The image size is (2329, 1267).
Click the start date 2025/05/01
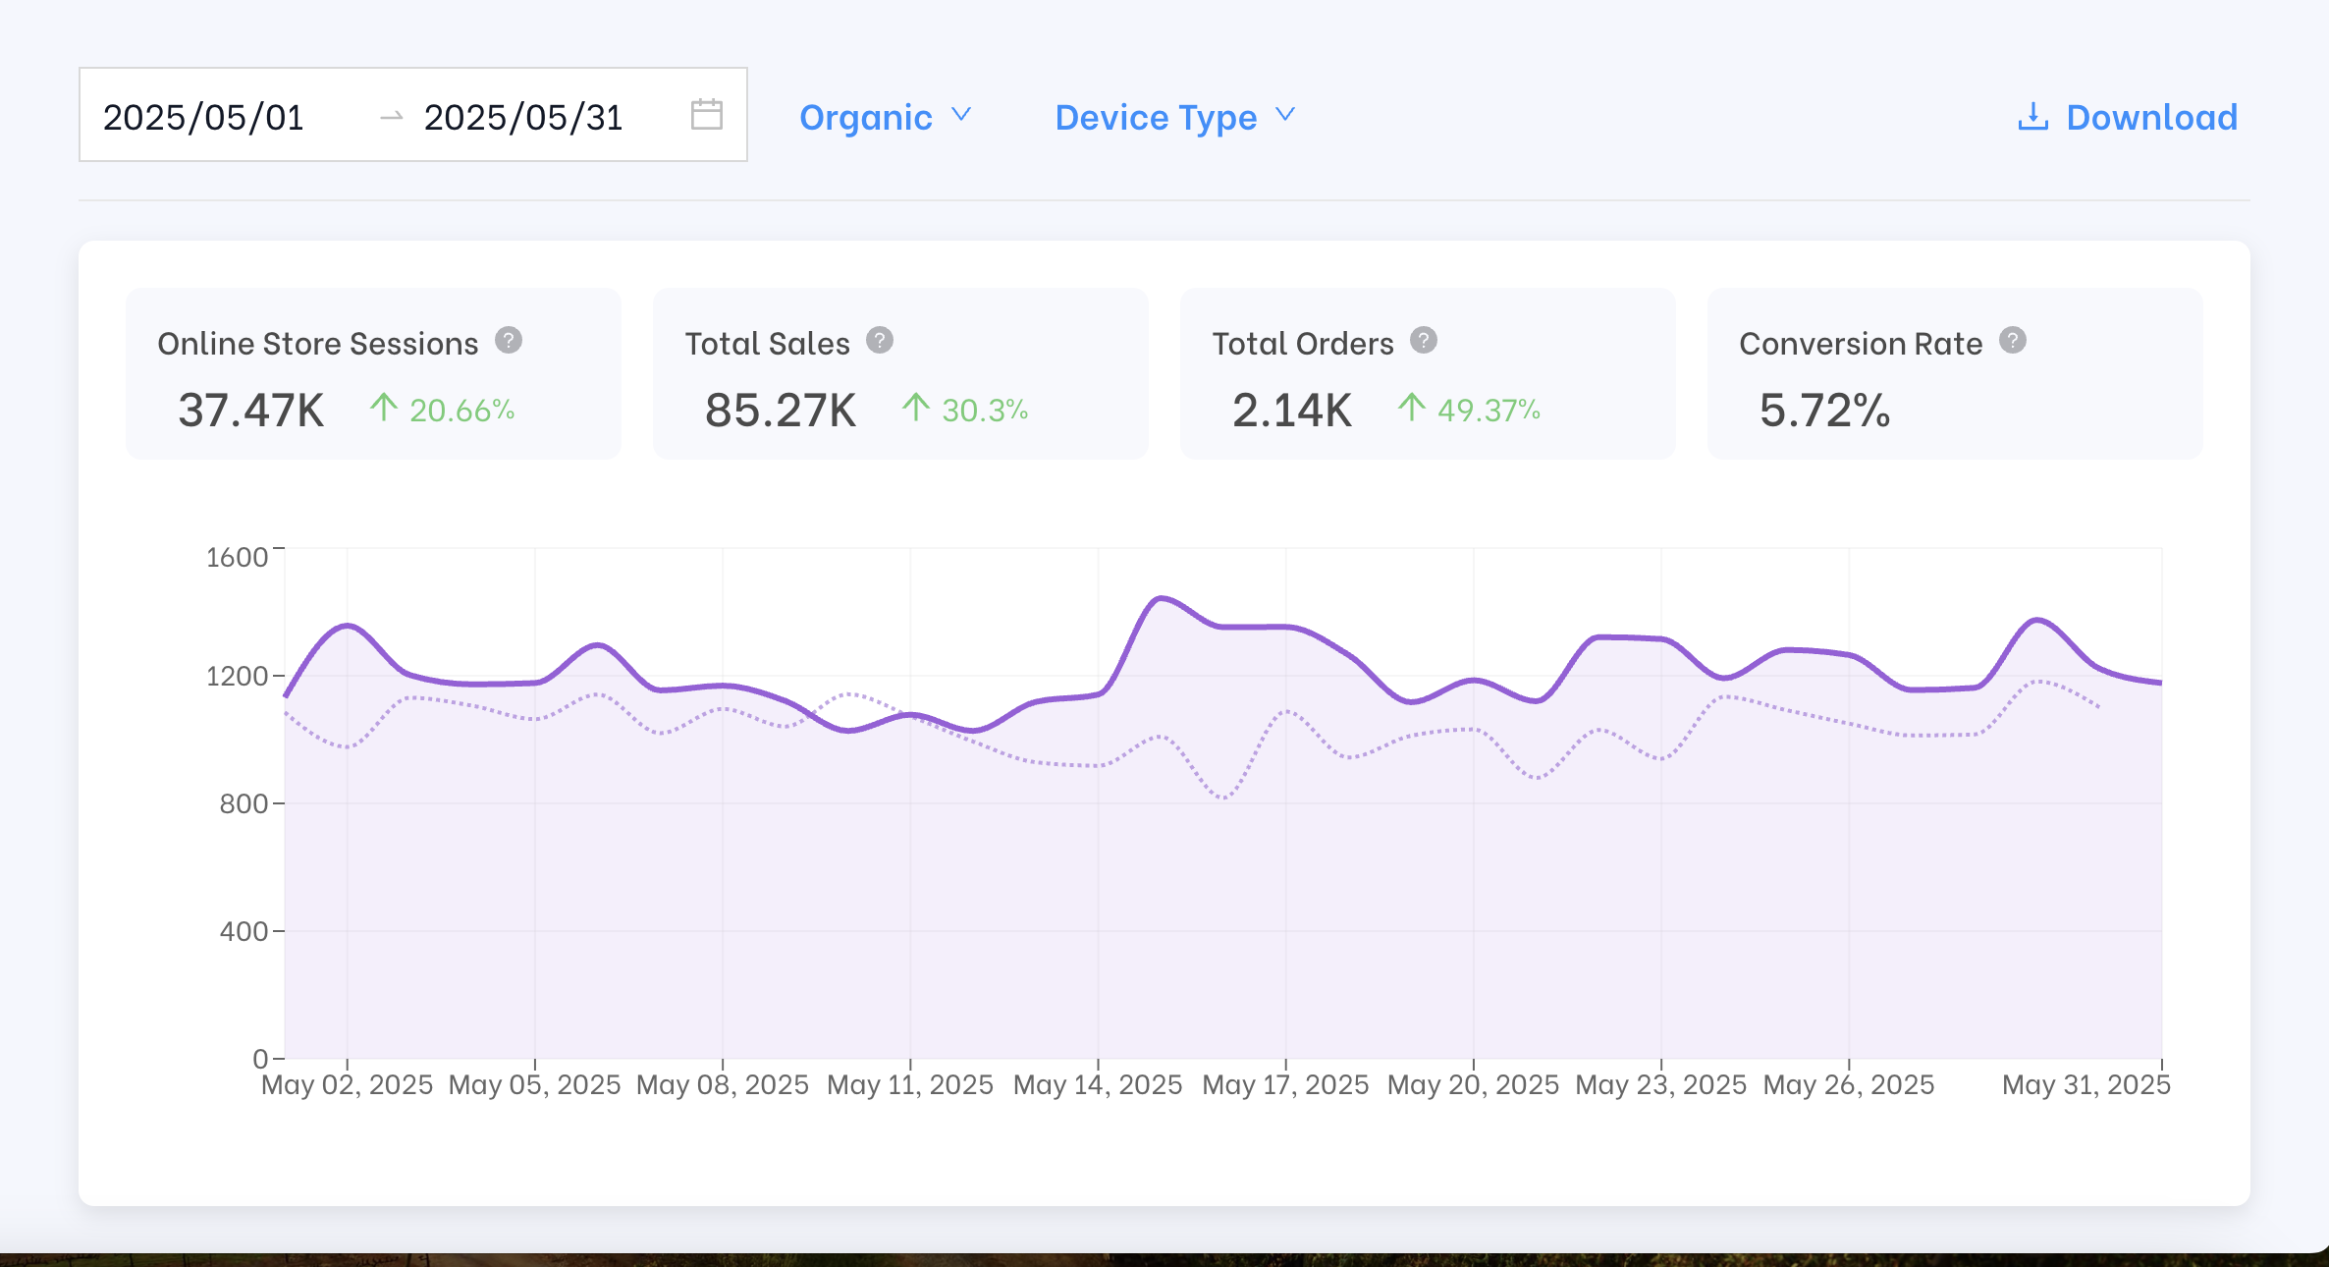tap(203, 117)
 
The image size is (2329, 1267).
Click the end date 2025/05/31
tap(523, 117)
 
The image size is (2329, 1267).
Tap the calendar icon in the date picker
tap(706, 114)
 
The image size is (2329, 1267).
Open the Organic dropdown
tap(885, 117)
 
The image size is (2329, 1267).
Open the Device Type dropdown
tap(1174, 117)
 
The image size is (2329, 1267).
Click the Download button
tap(2128, 117)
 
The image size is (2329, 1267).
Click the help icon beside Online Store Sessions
tap(508, 341)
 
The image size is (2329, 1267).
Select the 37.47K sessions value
tap(251, 410)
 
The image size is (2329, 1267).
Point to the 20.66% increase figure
tap(461, 410)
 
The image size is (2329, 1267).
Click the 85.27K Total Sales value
tap(781, 410)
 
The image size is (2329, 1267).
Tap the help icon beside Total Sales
tap(879, 341)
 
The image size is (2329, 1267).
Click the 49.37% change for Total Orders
tap(1488, 410)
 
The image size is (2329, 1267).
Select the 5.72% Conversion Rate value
tap(1824, 410)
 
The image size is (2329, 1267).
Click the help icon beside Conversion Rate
tap(2012, 341)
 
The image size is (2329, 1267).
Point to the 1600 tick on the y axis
tap(237, 557)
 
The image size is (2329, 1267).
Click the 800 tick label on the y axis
tap(244, 803)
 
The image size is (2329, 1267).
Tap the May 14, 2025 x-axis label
tap(1098, 1084)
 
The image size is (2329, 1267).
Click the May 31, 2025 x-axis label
tap(2085, 1084)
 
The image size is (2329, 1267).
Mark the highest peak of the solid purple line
tap(1161, 597)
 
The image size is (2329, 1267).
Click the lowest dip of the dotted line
tap(1223, 797)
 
